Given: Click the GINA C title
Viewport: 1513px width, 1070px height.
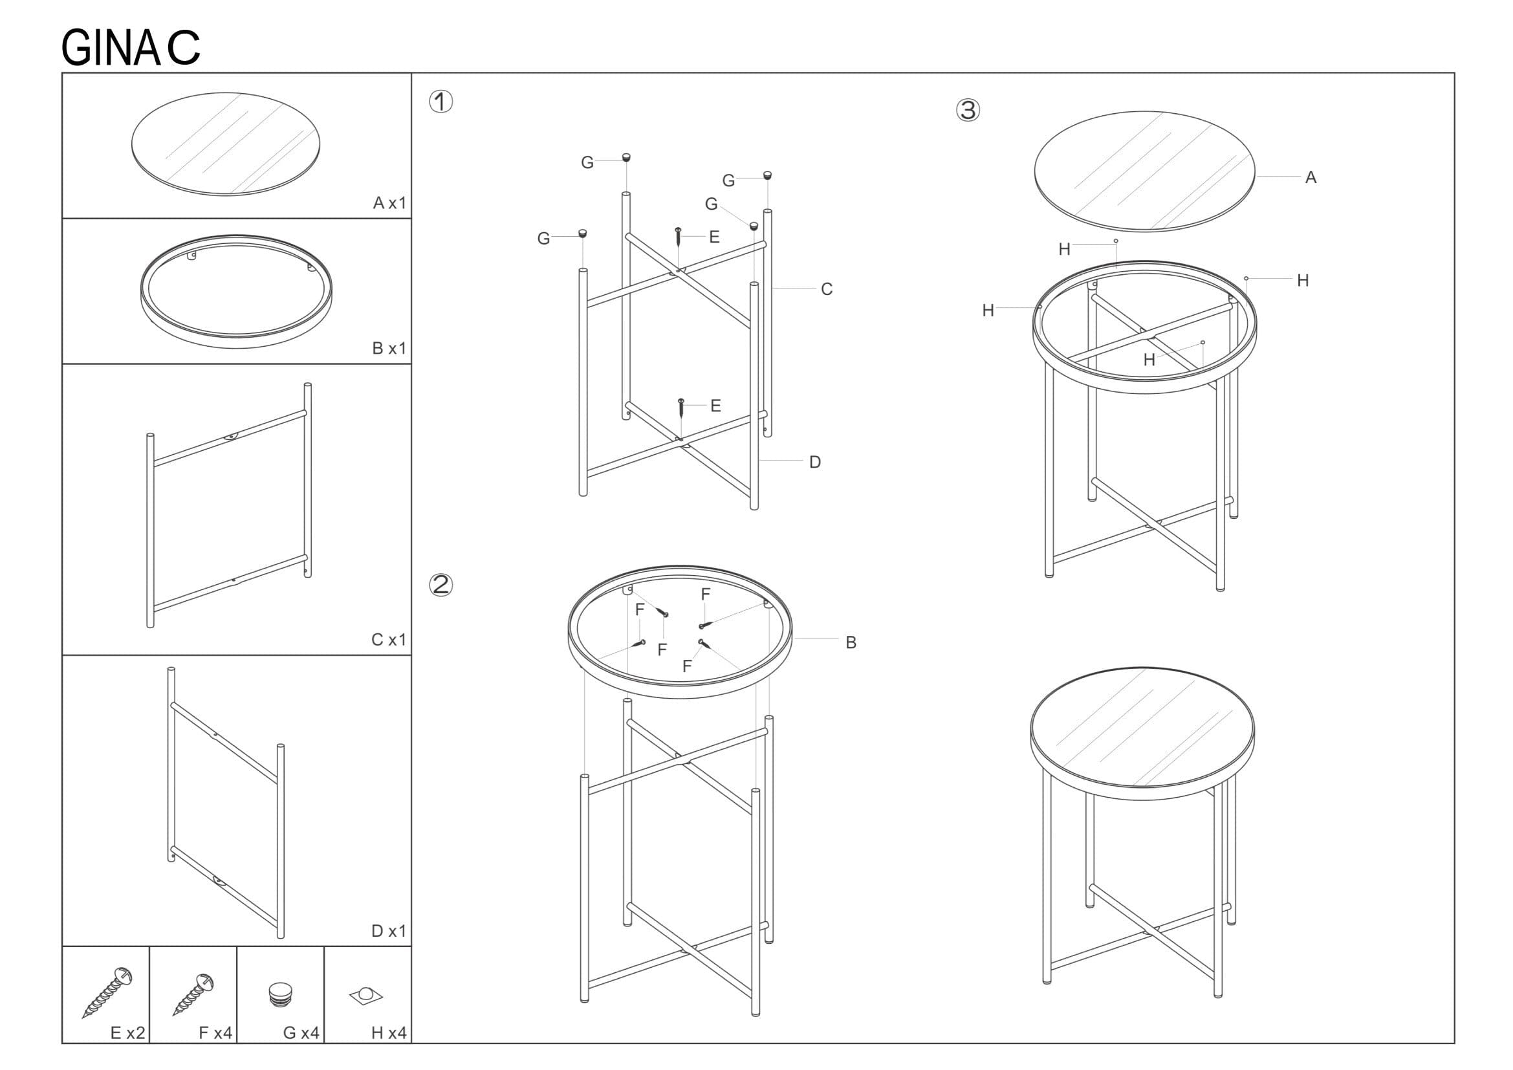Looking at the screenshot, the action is point(131,48).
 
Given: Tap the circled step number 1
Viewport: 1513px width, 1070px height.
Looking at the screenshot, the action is point(441,102).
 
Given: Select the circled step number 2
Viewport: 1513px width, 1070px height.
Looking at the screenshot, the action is point(441,584).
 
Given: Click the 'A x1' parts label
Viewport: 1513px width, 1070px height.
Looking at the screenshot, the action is point(389,203).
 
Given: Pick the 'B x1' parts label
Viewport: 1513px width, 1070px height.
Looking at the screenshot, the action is point(389,348).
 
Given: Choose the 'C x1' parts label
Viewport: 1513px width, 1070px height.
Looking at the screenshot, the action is point(389,639).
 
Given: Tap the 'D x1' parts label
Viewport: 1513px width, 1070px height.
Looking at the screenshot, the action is point(389,930).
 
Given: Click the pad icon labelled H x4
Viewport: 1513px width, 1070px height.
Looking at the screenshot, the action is point(365,996).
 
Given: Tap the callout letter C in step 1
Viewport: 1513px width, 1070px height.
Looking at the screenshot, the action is point(826,289).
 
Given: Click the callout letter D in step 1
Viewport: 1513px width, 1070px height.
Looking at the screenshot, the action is point(815,462).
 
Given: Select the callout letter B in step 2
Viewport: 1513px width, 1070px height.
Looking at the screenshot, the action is point(851,642).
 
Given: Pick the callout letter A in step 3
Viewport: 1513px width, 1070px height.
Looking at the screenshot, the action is point(1311,177).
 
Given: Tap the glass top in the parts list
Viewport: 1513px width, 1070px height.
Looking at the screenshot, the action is point(226,144).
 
